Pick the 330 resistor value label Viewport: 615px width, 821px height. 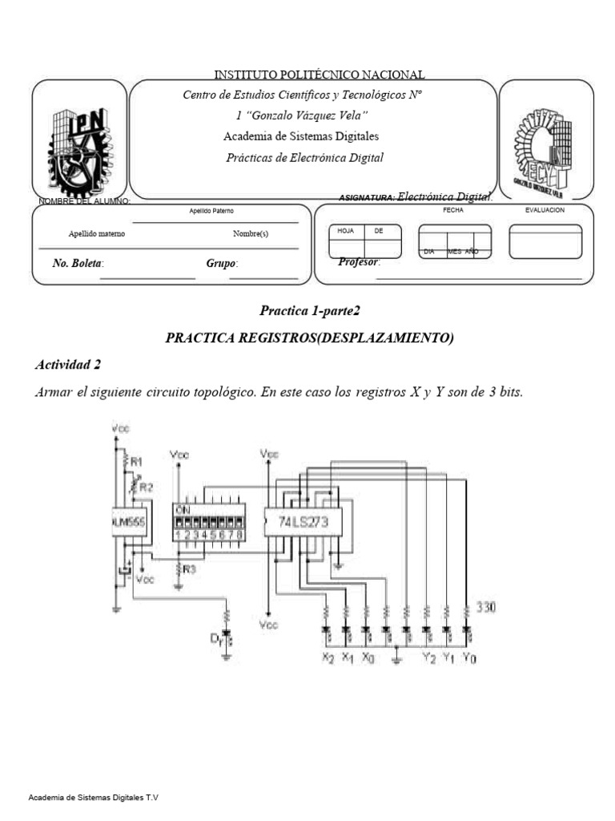pos(487,607)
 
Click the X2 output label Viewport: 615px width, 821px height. pos(328,657)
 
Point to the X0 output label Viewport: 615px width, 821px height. pos(367,657)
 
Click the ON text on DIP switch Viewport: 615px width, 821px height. pos(183,508)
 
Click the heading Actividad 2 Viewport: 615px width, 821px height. pos(68,365)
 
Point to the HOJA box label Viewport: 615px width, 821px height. pos(346,230)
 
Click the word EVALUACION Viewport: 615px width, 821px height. pos(545,209)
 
